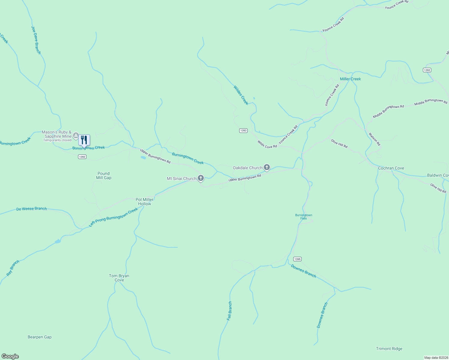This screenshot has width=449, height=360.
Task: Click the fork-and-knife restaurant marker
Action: (x=84, y=140)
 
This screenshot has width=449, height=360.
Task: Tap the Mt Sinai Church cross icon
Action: (x=201, y=178)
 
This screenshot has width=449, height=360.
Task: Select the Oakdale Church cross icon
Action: (x=267, y=167)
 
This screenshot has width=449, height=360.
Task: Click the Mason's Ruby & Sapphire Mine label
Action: (x=57, y=134)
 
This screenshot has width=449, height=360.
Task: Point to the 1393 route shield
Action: (x=243, y=130)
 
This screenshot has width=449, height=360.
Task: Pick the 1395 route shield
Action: (x=297, y=259)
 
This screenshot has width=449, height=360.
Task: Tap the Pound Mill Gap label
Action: (x=104, y=175)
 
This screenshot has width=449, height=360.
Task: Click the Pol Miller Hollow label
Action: (x=144, y=202)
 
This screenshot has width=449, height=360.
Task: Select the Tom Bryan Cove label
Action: (x=119, y=278)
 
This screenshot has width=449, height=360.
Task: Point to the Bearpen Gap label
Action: (x=40, y=337)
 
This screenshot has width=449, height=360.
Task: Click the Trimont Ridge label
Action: (x=389, y=349)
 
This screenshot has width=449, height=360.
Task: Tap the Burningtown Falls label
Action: (x=304, y=217)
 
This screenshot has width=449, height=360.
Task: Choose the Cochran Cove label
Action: (x=391, y=168)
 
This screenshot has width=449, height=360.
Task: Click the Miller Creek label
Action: (x=350, y=79)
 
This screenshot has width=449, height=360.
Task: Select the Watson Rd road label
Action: (x=374, y=139)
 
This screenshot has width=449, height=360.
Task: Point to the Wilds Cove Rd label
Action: (x=267, y=144)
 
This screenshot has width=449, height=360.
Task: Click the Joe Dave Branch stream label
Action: (x=36, y=40)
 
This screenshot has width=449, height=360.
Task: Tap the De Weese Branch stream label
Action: (x=32, y=208)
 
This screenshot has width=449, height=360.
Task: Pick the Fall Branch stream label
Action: (x=230, y=311)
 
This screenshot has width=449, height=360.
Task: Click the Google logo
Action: (x=10, y=356)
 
